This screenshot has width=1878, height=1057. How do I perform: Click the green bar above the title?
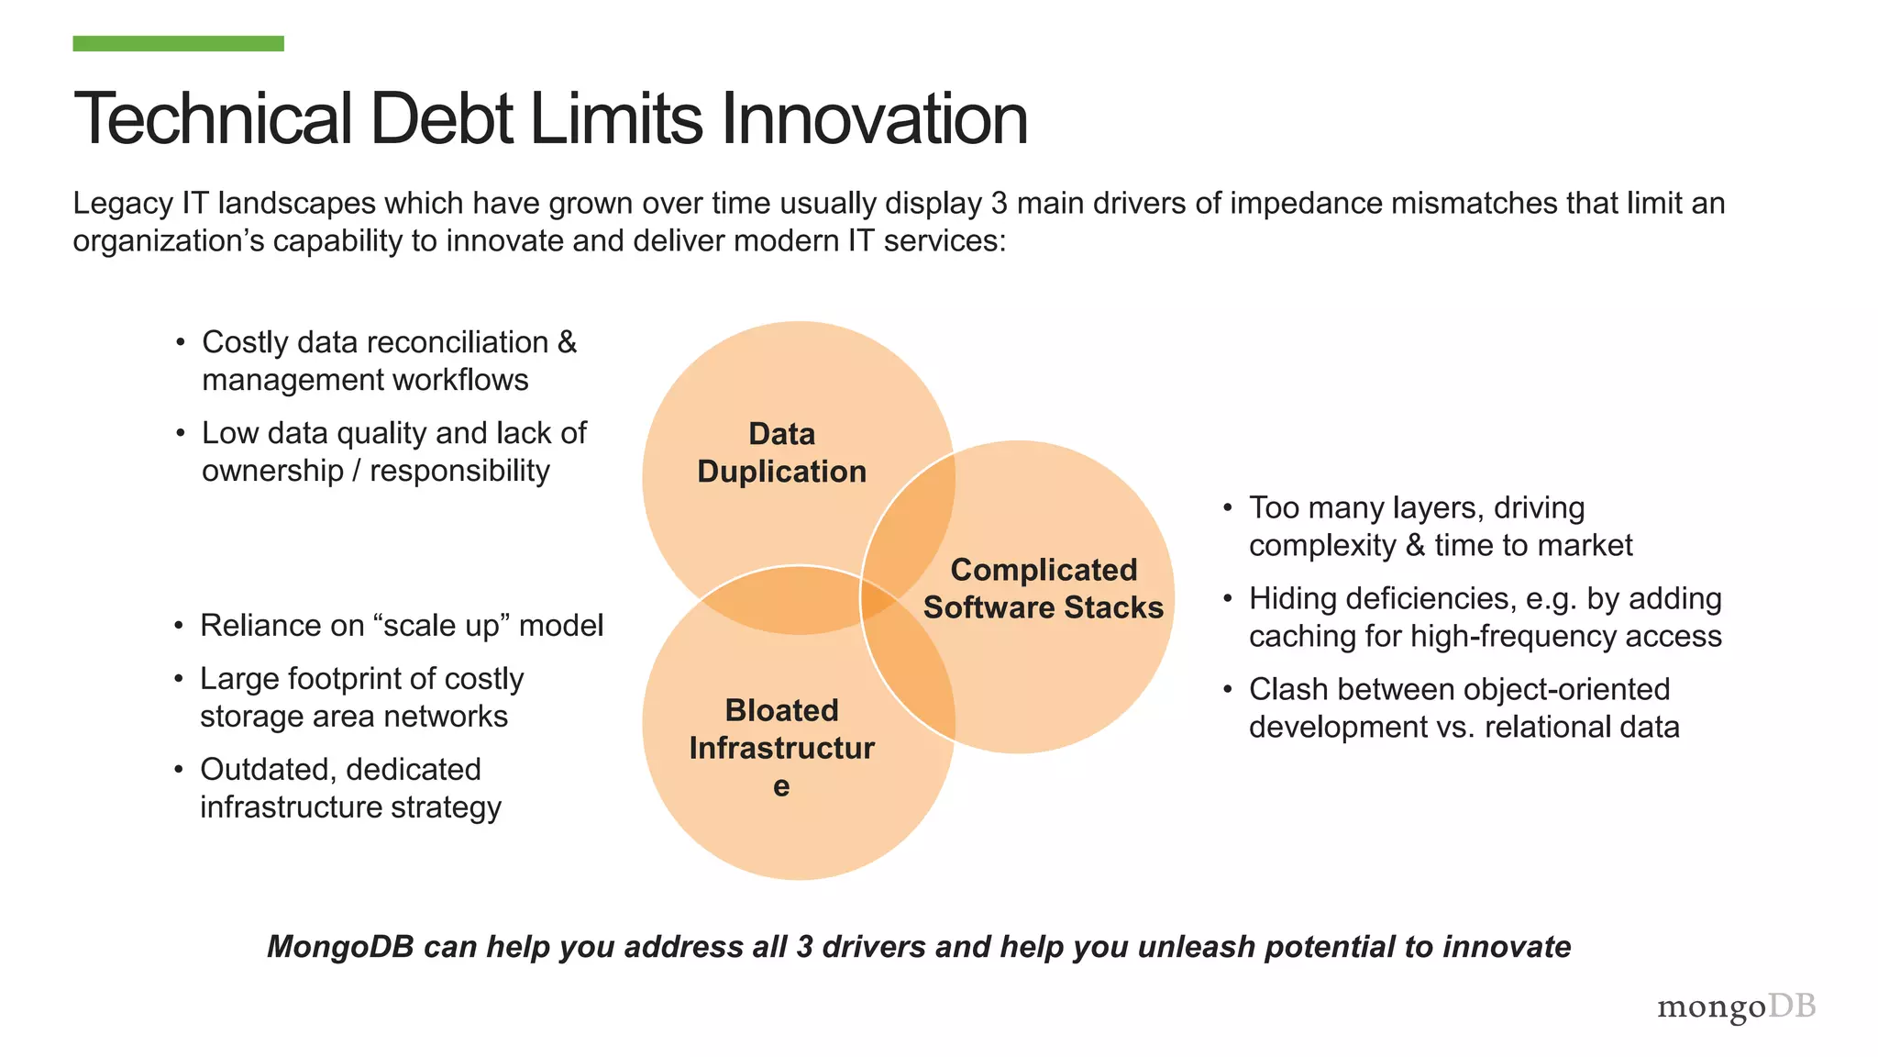pyautogui.click(x=178, y=43)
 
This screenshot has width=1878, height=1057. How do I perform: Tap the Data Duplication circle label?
pyautogui.click(x=781, y=452)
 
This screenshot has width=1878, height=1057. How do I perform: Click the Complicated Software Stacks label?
pyautogui.click(x=1044, y=588)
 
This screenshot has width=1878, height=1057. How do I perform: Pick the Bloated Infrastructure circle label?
pyautogui.click(x=781, y=747)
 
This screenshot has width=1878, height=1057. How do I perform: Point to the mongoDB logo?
pyautogui.click(x=1736, y=1007)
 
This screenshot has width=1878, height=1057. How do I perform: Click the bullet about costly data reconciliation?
pyautogui.click(x=389, y=361)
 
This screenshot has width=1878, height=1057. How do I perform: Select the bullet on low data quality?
pyautogui.click(x=393, y=451)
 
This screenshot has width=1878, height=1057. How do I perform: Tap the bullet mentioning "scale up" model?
pyautogui.click(x=402, y=626)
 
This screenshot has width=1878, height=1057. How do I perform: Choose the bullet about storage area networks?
pyautogui.click(x=361, y=697)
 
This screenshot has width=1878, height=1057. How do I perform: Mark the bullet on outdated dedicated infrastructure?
pyautogui.click(x=350, y=788)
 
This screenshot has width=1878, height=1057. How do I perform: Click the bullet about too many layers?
pyautogui.click(x=1440, y=527)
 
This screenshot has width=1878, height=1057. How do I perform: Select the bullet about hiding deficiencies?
pyautogui.click(x=1485, y=618)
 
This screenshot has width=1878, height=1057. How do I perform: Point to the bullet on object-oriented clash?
pyautogui.click(x=1464, y=708)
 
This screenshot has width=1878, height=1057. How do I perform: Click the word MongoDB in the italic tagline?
pyautogui.click(x=340, y=947)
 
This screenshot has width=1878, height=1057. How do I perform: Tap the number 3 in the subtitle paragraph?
pyautogui.click(x=1000, y=203)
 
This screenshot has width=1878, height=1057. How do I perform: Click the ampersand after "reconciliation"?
pyautogui.click(x=568, y=342)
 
